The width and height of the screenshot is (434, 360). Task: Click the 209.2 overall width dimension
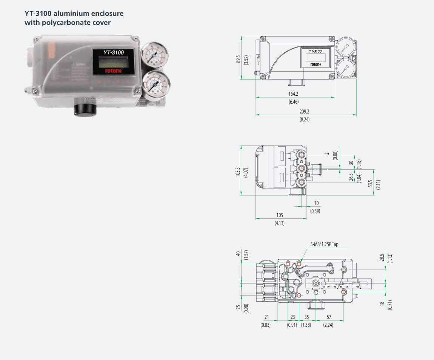click(304, 112)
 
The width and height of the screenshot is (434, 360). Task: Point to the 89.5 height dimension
click(238, 59)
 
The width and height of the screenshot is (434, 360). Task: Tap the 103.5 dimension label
click(238, 172)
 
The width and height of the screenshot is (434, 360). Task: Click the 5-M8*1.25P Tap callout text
click(324, 244)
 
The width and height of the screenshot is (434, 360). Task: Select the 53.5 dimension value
click(371, 184)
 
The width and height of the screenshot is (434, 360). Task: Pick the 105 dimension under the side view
click(279, 215)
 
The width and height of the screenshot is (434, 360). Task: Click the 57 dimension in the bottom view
click(329, 317)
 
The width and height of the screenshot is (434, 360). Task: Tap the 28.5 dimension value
click(382, 257)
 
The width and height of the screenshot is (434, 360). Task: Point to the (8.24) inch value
click(304, 119)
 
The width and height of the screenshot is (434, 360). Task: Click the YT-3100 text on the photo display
click(113, 53)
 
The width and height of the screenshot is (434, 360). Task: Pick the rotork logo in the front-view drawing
click(315, 64)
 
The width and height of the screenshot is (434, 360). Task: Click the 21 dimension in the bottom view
click(266, 317)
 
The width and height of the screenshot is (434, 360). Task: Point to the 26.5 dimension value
click(351, 177)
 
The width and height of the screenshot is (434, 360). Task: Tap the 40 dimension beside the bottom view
click(238, 253)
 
